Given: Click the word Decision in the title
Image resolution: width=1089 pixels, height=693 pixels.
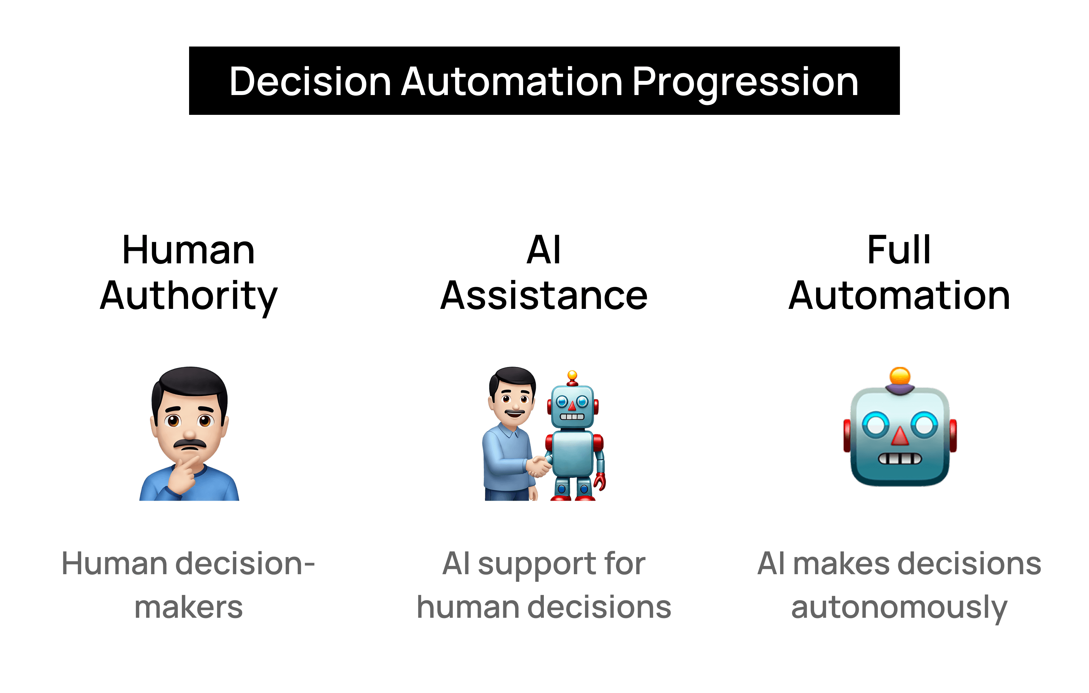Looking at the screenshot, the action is click(x=310, y=82).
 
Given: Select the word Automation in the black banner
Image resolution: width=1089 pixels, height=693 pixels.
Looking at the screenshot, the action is click(x=512, y=82).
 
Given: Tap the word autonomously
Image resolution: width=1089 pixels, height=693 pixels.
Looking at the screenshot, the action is click(x=899, y=609).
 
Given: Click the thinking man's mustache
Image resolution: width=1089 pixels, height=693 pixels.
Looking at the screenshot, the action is click(x=190, y=444).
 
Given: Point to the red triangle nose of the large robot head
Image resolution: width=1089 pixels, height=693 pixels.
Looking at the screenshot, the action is click(x=900, y=436).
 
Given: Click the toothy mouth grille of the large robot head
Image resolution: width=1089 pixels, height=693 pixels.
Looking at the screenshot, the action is click(x=900, y=459).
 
